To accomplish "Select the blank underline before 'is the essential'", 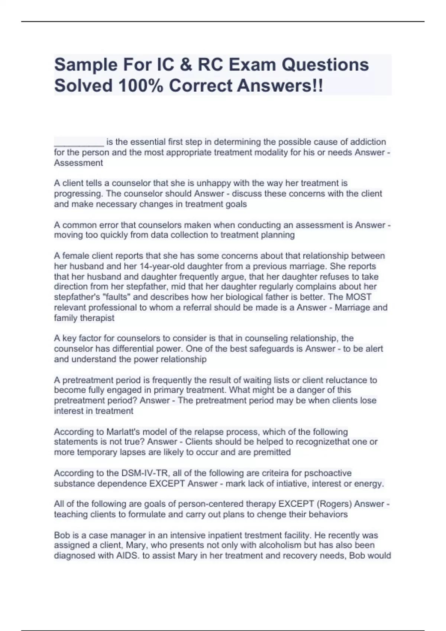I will pyautogui.click(x=79, y=142).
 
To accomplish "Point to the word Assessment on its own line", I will pyautogui.click(x=78, y=163).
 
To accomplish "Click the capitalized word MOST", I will pyautogui.click(x=359, y=297).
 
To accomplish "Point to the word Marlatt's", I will pyautogui.click(x=123, y=432).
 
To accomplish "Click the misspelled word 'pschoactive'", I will pyautogui.click(x=328, y=473).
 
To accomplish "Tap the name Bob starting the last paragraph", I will pyautogui.click(x=61, y=536).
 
